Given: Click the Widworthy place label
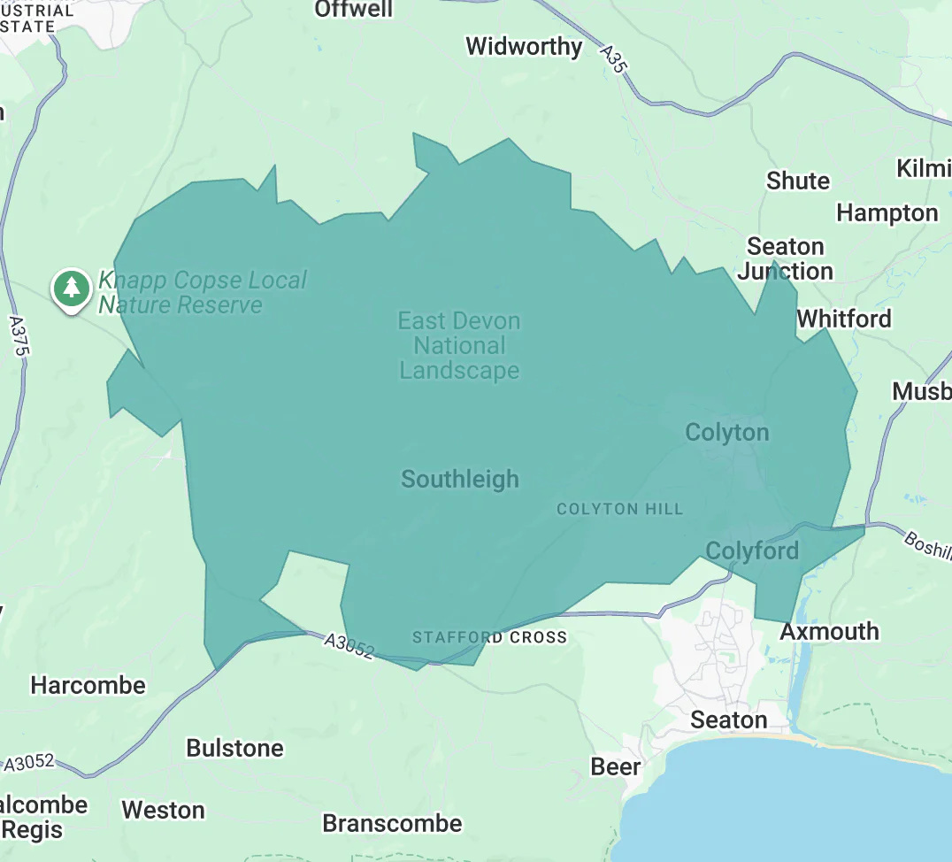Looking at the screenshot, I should (524, 46).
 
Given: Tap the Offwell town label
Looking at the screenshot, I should (354, 9).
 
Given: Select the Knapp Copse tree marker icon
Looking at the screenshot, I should (72, 288).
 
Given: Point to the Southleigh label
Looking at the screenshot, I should (460, 480).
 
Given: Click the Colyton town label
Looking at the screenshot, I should (727, 433).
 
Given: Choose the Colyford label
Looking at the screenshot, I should (752, 551).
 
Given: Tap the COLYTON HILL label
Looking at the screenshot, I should (619, 509).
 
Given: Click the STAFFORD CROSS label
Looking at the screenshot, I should (489, 637).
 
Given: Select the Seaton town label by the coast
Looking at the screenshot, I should (728, 720).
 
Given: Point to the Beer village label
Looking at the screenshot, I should (616, 766).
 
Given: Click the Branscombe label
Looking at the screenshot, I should (392, 824).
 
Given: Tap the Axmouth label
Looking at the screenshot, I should (829, 632).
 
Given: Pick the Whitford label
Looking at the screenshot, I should (844, 319).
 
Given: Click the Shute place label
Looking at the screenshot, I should (798, 181).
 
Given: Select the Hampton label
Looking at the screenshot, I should (887, 213).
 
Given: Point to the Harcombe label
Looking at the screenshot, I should (88, 686).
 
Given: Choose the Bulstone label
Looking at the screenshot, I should (234, 749).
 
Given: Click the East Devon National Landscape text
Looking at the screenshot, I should (459, 346).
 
